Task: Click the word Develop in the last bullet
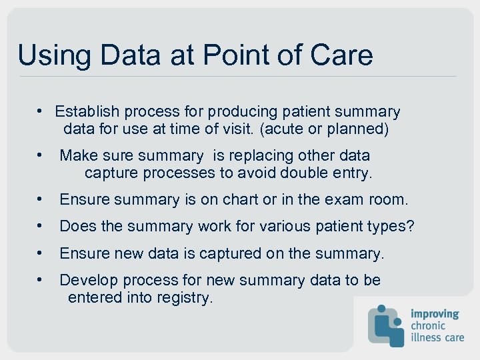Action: click(x=87, y=280)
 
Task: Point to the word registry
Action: click(x=184, y=297)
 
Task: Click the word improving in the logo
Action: click(x=435, y=313)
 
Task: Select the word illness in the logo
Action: click(x=426, y=337)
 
